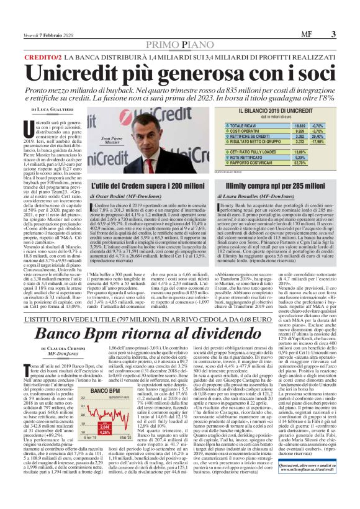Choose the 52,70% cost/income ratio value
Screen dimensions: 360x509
pyautogui.click(x=302, y=163)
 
